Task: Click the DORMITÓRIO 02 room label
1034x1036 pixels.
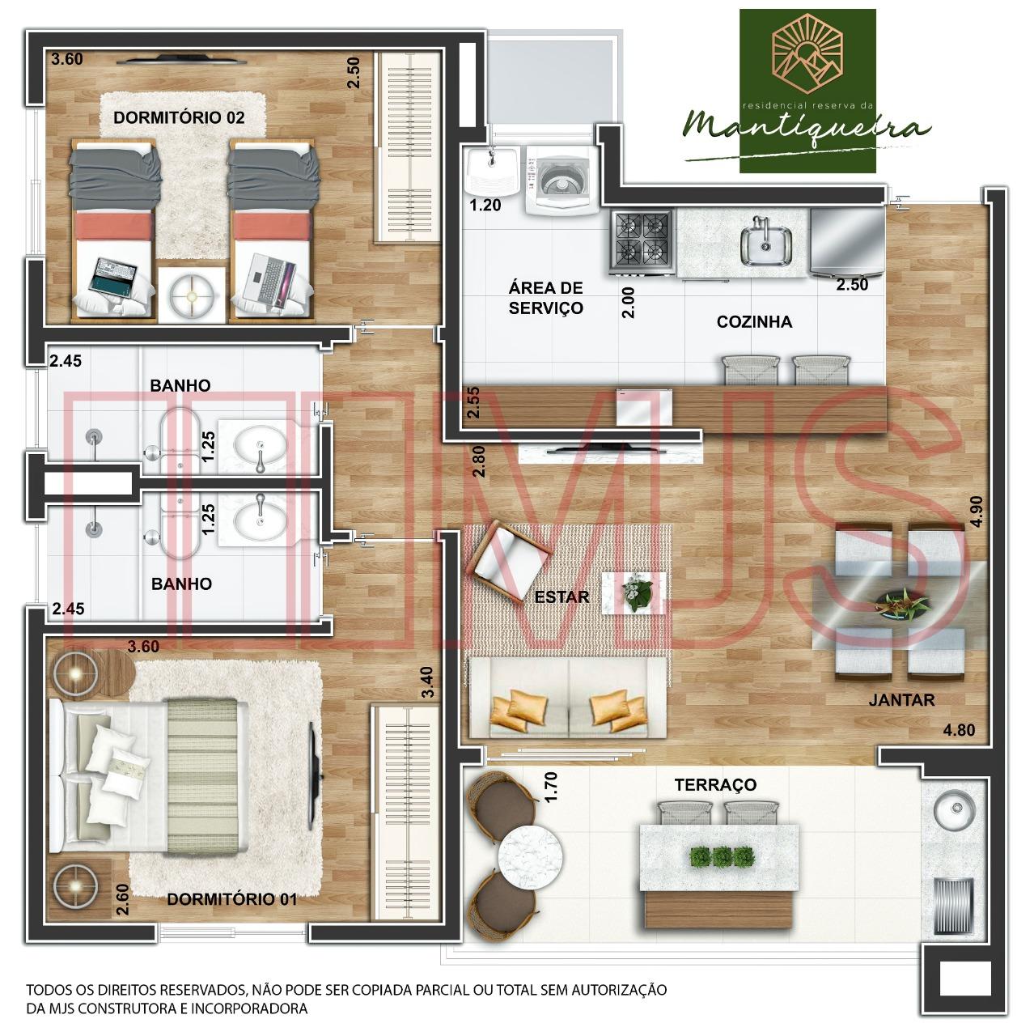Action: (179, 117)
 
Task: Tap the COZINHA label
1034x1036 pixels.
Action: (754, 322)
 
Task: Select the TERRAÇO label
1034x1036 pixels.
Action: (715, 785)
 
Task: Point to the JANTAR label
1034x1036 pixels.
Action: (902, 701)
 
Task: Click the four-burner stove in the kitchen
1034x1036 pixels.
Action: (642, 243)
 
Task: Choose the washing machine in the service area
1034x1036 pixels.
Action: (561, 180)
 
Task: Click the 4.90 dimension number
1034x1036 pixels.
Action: (977, 512)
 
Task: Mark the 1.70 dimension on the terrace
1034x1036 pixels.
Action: (551, 787)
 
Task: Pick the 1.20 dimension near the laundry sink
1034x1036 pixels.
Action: (485, 206)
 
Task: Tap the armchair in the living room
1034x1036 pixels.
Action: (508, 562)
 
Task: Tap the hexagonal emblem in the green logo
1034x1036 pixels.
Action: (807, 53)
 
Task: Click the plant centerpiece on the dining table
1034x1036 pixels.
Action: (901, 603)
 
